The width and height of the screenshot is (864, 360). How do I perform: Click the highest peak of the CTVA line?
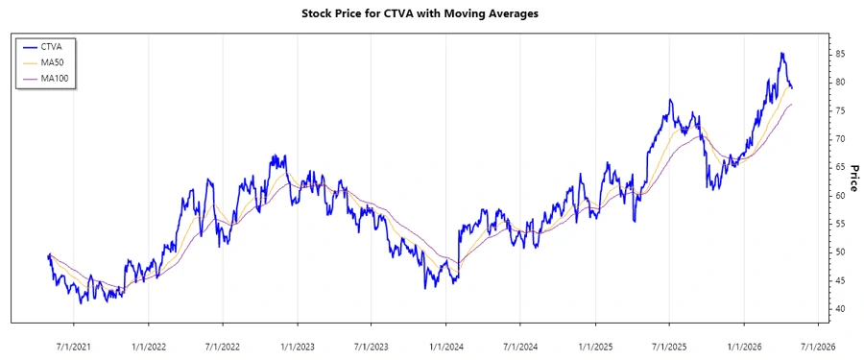[781, 53]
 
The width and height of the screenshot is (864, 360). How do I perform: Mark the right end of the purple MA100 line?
[792, 104]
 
